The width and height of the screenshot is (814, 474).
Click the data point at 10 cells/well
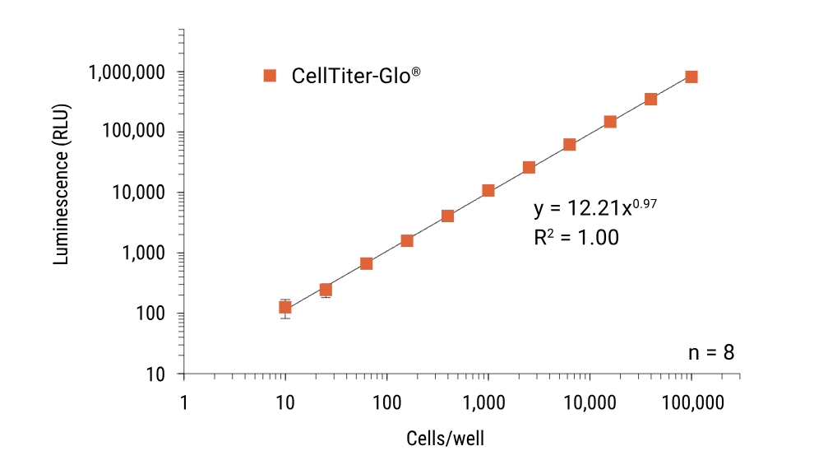(x=285, y=307)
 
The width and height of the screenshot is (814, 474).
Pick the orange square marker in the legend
(x=269, y=76)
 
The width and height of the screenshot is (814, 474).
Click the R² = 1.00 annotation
(x=576, y=238)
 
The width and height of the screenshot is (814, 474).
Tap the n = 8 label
(x=710, y=352)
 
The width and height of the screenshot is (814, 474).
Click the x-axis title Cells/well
(x=446, y=437)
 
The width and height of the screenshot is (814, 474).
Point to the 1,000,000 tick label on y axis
(x=127, y=72)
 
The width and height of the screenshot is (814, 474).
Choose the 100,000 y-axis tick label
(x=132, y=132)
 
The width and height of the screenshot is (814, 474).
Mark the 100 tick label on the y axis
(x=150, y=314)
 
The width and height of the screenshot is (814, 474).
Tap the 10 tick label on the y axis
(x=155, y=374)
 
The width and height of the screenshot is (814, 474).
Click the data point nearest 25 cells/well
(x=326, y=290)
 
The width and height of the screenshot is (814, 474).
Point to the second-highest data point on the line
(x=650, y=100)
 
